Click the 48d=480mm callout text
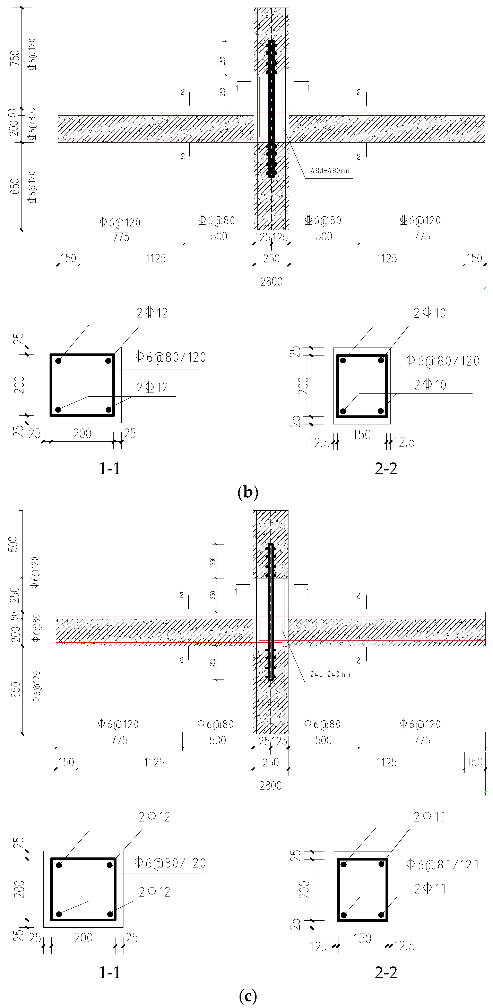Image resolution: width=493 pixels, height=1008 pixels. (x=330, y=171)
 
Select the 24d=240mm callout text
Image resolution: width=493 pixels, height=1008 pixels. (x=330, y=674)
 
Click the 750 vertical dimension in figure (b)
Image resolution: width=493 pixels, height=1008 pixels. (x=15, y=58)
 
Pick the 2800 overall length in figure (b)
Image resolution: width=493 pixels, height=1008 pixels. (x=271, y=281)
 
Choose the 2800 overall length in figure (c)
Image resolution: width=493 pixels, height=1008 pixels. (x=271, y=785)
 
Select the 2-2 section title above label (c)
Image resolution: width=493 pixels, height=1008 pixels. (x=386, y=972)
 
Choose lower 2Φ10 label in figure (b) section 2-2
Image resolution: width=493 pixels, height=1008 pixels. (x=430, y=385)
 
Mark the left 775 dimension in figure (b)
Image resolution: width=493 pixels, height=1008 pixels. (x=121, y=237)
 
